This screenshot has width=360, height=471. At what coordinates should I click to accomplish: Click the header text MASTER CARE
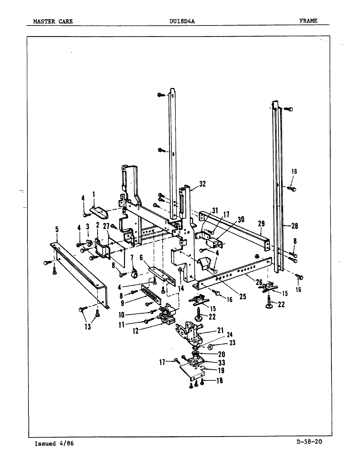[x=53, y=22]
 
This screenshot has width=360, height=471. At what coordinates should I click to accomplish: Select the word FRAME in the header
[x=308, y=21]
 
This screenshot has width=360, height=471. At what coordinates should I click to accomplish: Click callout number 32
[x=202, y=184]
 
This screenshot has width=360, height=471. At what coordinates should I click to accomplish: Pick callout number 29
[x=261, y=224]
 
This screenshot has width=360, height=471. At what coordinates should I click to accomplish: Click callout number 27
[x=106, y=226]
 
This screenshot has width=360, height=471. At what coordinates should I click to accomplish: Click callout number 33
[x=222, y=362]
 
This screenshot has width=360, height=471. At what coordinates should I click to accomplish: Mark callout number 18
[x=220, y=381]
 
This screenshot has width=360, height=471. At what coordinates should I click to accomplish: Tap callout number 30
[x=241, y=219]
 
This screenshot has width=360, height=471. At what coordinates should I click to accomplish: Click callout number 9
[x=122, y=303]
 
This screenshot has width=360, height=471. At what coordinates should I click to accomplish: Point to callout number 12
[x=136, y=331]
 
